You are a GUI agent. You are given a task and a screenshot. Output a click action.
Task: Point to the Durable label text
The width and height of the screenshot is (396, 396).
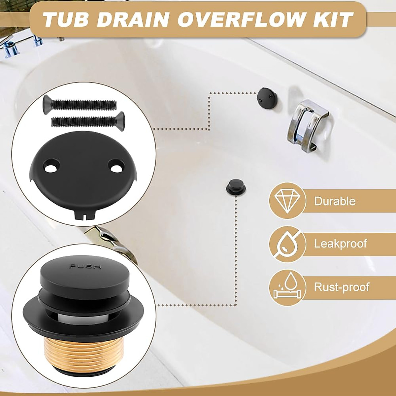pos(335,201)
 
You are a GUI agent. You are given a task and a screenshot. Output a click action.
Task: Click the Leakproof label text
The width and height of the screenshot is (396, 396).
pos(340,244)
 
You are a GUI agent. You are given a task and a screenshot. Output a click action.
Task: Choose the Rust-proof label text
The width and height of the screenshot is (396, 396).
pos(342,287)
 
